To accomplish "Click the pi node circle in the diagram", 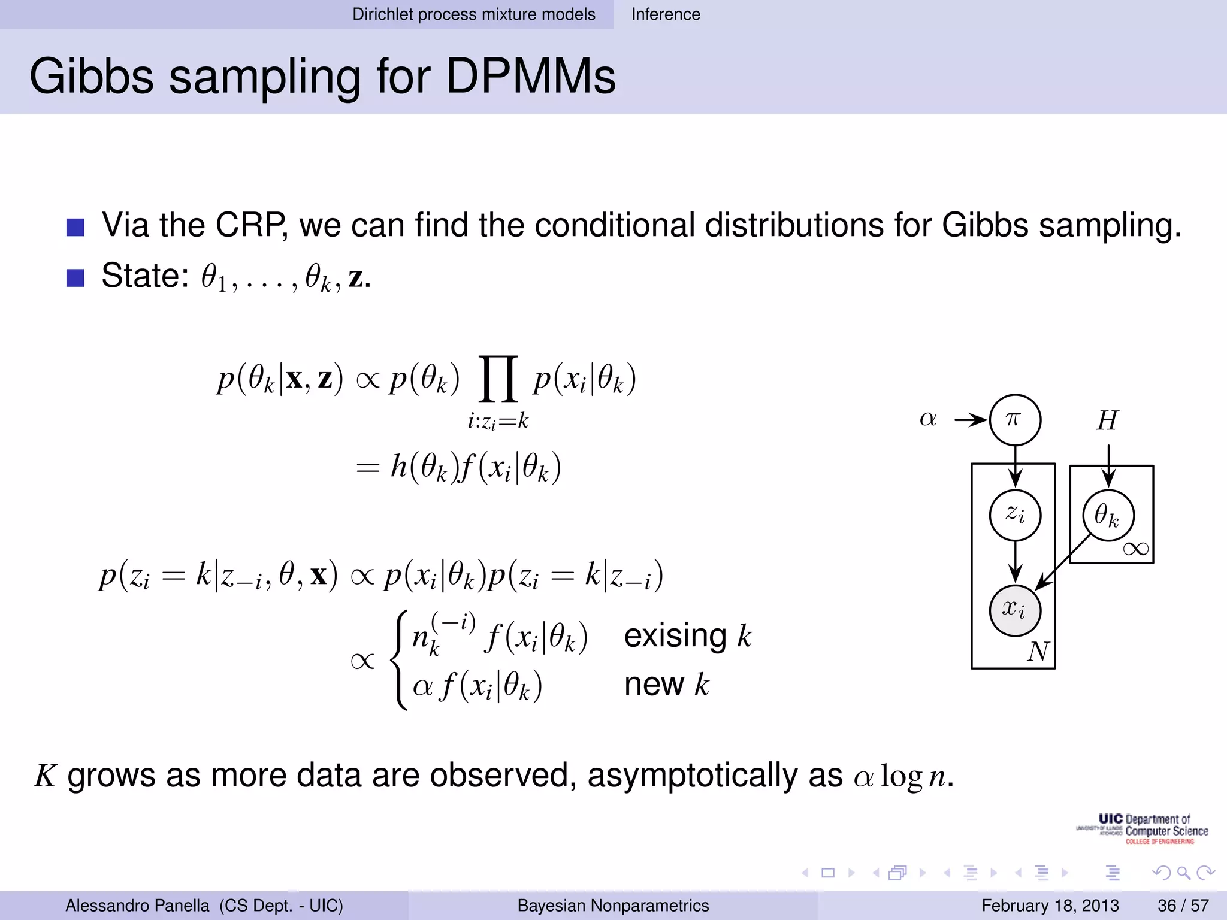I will point(1014,419).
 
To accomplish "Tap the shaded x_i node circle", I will point(1014,610).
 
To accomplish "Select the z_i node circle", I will point(1014,515).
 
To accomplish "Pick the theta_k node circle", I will point(1108,515).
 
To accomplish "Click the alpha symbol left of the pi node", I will point(927,419).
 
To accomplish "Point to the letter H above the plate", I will point(1107,420).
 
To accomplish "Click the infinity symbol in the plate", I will point(1135,549).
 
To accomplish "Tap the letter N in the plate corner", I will point(1038,652).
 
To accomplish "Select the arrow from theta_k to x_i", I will point(1063,562).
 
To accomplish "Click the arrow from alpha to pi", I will point(970,420).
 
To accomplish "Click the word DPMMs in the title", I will point(531,77).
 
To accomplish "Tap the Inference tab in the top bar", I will point(665,14).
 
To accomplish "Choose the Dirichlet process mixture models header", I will point(473,14).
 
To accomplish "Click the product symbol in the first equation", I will point(497,379).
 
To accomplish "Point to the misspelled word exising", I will point(675,636).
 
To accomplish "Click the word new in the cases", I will point(654,684).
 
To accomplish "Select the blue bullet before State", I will point(75,278).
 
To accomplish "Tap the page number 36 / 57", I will point(1183,906).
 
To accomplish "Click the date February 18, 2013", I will point(1050,906).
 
